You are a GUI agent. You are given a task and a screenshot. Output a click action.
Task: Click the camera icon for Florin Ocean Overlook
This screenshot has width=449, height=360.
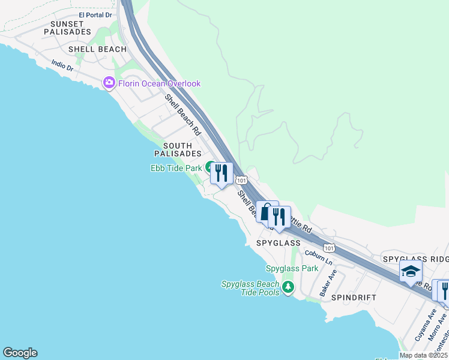(109, 83)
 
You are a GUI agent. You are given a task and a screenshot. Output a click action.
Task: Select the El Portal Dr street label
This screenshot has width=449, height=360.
(95, 14)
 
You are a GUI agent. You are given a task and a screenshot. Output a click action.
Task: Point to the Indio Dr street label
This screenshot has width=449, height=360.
(62, 65)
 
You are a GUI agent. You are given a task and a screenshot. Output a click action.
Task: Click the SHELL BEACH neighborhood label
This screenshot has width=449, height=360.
(97, 49)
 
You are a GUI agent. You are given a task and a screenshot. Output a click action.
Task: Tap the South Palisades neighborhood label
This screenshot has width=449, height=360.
(178, 150)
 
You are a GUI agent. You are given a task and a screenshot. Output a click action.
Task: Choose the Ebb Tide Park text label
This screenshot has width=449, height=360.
(176, 168)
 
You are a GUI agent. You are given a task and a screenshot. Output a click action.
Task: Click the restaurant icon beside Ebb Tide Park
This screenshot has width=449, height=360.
(221, 174)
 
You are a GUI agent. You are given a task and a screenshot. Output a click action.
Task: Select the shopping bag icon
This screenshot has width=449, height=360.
(267, 212)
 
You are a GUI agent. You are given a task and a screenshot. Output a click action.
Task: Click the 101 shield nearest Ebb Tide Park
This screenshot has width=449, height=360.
(241, 180)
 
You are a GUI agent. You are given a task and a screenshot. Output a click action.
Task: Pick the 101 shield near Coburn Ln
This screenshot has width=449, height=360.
(328, 247)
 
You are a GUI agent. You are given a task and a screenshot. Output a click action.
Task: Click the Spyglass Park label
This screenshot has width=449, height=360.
(292, 268)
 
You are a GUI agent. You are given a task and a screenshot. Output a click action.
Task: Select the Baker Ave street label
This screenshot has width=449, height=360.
(328, 283)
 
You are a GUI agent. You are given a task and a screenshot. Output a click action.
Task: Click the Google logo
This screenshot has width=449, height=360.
(20, 353)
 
